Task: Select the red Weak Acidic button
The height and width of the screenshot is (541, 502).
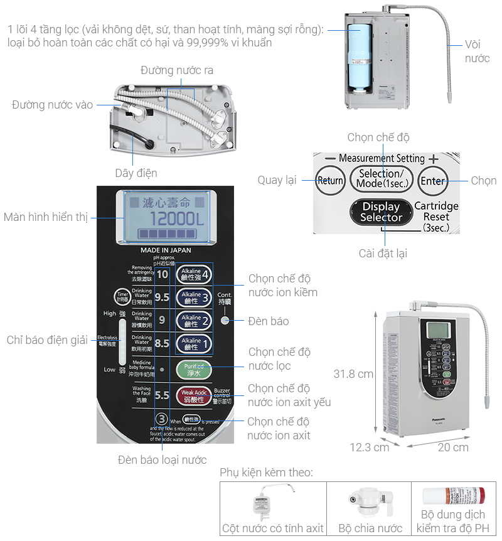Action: click(193, 395)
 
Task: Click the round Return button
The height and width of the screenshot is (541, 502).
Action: click(330, 181)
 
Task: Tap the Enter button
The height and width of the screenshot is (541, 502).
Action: click(433, 181)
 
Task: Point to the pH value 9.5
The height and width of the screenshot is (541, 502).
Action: click(163, 297)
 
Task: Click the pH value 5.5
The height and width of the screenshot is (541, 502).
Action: click(163, 395)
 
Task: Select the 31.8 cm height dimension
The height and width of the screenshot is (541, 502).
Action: click(353, 374)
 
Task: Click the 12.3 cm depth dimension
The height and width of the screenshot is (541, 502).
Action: click(369, 447)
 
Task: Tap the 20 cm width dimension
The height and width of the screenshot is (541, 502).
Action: click(453, 447)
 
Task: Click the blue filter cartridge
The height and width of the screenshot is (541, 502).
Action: click(361, 57)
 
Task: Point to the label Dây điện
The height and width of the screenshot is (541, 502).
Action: click(136, 173)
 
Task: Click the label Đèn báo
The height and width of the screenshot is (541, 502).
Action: click(268, 321)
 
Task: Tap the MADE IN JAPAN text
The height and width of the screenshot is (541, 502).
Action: click(166, 250)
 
